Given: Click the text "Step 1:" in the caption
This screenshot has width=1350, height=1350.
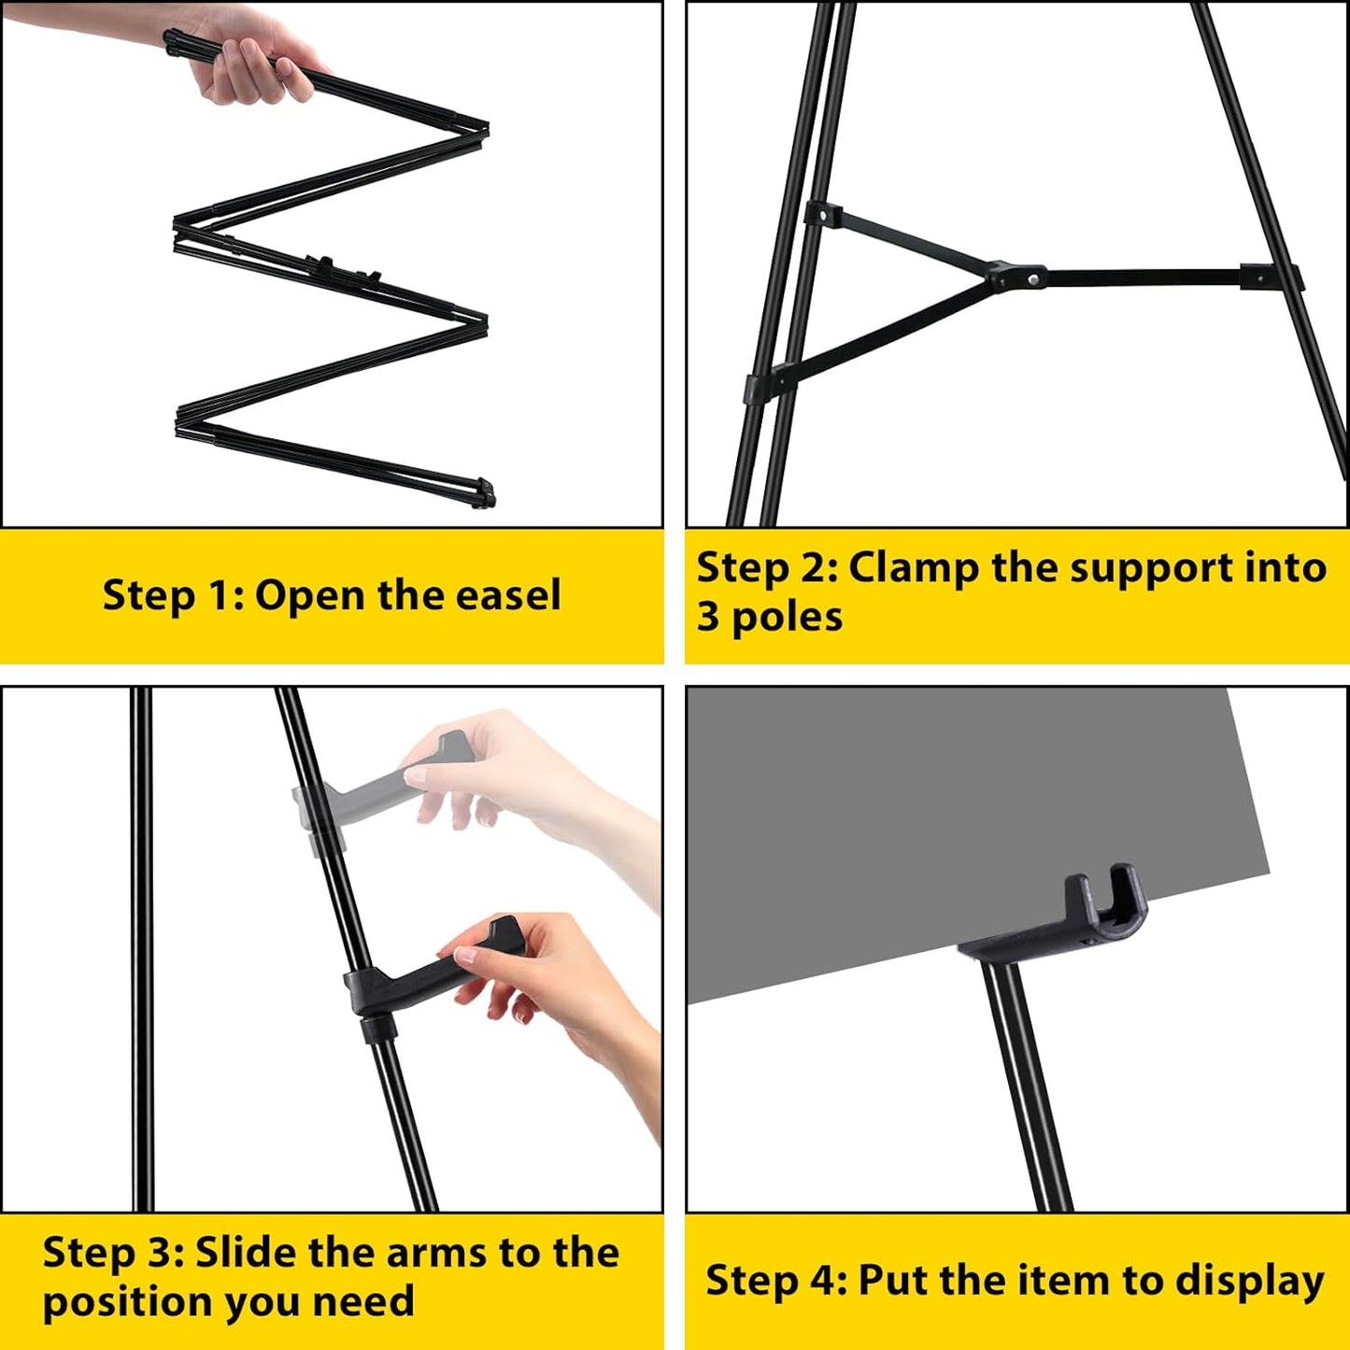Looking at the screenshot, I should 173,595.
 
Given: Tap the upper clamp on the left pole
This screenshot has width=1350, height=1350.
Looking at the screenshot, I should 823,215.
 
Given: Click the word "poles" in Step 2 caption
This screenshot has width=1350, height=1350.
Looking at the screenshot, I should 787,618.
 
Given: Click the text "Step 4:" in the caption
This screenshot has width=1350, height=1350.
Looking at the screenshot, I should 775,1280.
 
